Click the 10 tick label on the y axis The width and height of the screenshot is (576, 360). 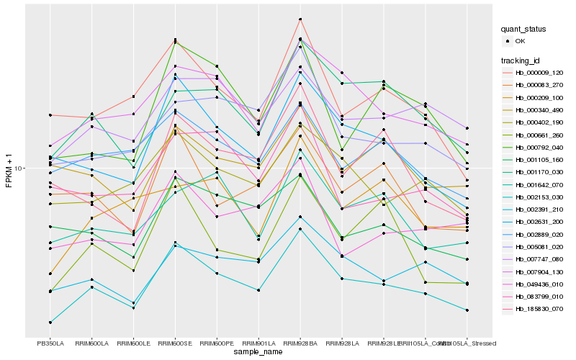coord(20,168)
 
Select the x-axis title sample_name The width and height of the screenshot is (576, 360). coord(258,352)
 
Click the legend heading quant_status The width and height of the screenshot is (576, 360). coord(523,30)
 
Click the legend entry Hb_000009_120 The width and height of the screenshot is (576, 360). coord(539,73)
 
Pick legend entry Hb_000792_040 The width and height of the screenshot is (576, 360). coord(539,147)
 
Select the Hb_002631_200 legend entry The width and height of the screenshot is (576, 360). coord(539,222)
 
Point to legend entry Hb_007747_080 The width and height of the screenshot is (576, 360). coord(539,259)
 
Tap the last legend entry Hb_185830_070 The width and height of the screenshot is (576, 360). coord(539,309)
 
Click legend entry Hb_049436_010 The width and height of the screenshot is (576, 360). coord(539,284)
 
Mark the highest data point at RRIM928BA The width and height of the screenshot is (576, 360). coord(300,19)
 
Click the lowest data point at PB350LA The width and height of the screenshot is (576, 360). coord(50,322)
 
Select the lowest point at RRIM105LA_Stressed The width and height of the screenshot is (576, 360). coord(467,310)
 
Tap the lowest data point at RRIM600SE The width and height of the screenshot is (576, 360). coord(175,246)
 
